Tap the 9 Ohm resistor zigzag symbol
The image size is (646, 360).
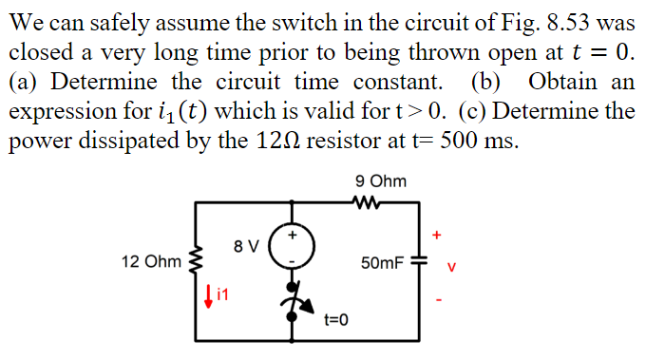pyautogui.click(x=365, y=200)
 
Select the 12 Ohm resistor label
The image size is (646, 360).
pyautogui.click(x=146, y=259)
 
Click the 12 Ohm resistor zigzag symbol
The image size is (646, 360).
pyautogui.click(x=197, y=258)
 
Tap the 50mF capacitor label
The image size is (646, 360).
pyautogui.click(x=383, y=259)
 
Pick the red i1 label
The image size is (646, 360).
pyautogui.click(x=221, y=296)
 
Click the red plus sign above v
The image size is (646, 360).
pyautogui.click(x=438, y=232)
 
